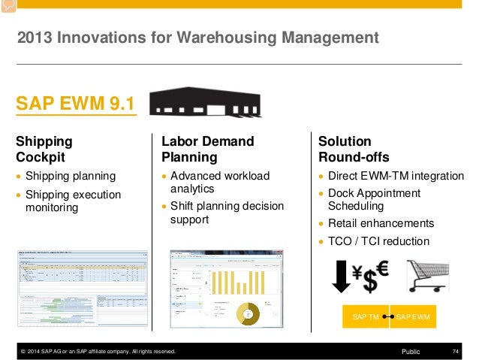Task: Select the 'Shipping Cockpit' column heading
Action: (45, 149)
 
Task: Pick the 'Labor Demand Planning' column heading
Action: (208, 149)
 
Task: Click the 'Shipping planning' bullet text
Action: (71, 176)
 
